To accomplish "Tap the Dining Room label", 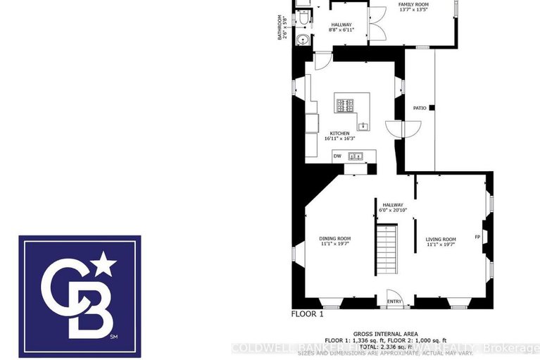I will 335,239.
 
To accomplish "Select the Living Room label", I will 441,240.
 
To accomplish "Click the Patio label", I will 420,108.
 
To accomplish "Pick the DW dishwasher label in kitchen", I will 337,156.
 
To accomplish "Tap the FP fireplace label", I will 477,237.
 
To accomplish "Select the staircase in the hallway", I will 388,252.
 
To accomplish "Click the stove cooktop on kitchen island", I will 345,106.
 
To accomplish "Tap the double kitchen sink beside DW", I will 356,156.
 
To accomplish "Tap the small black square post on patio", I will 432,108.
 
